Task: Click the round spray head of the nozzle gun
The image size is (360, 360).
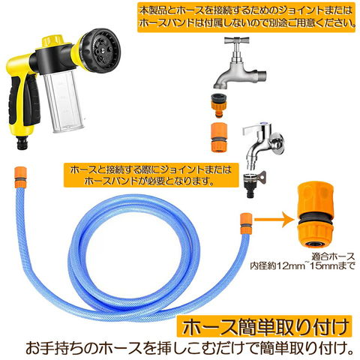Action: (x=103, y=51)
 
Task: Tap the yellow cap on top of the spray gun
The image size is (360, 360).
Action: (x=52, y=42)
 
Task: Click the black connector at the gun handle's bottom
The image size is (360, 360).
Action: (x=22, y=143)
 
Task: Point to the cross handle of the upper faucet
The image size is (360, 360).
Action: (x=236, y=40)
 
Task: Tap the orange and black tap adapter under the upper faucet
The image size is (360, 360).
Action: (x=218, y=105)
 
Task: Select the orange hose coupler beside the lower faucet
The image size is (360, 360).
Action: (x=218, y=137)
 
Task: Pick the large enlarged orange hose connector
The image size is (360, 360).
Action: (x=314, y=214)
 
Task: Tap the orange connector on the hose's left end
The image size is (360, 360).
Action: (x=20, y=177)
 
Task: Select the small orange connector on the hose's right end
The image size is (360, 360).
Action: (x=245, y=223)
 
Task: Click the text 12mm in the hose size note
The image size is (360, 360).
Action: (x=290, y=265)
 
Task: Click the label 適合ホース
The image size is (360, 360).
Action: (x=333, y=256)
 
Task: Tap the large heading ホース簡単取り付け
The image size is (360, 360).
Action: (x=265, y=327)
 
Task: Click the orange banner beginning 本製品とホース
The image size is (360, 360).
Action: (x=246, y=17)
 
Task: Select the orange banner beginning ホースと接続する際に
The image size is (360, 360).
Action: (x=151, y=175)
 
